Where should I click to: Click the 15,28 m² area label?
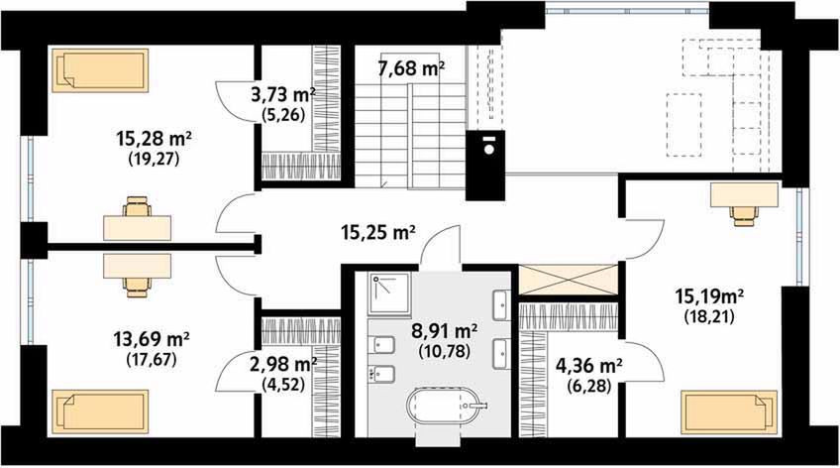coord(154,140)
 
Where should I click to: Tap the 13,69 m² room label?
coord(152,339)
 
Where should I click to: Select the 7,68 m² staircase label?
coord(411,68)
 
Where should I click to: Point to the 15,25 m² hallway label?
coord(378,233)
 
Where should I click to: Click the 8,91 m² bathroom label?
coord(445,329)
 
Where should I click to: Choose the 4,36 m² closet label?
coord(588,366)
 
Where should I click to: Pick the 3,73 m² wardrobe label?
coord(283,95)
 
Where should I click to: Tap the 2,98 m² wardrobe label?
coord(283,365)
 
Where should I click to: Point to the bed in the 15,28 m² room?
coord(100,70)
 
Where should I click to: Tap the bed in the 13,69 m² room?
coord(100,411)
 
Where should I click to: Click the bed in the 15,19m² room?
coord(729,412)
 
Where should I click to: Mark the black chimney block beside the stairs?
coord(484,166)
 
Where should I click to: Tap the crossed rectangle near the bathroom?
coord(569,280)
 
